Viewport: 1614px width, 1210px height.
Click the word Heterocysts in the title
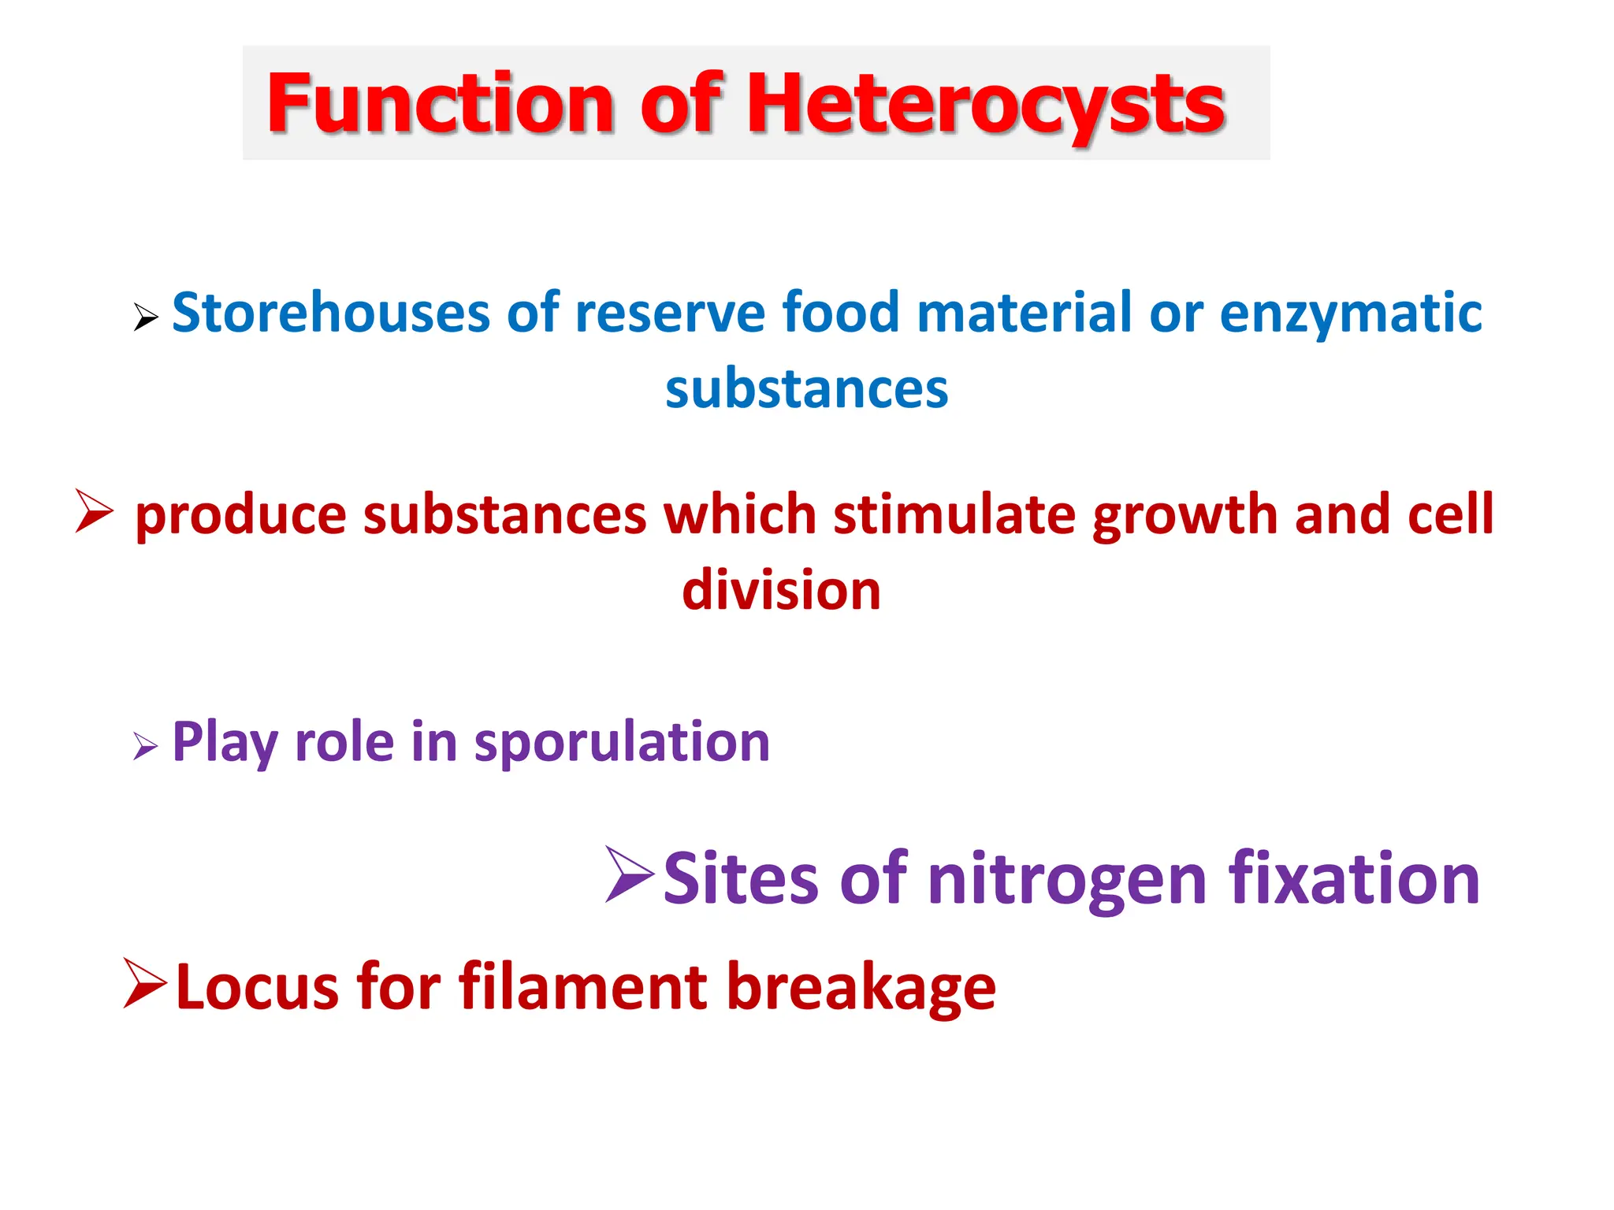pos(985,104)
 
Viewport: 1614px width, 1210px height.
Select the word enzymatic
pos(1351,313)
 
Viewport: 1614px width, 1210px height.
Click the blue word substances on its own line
pos(806,389)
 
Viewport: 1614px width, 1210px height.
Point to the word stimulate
pos(954,514)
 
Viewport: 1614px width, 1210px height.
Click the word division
pos(781,591)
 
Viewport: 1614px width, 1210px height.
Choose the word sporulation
pos(622,742)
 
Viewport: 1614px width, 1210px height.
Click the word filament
pos(583,986)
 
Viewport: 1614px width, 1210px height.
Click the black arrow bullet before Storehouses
pos(146,317)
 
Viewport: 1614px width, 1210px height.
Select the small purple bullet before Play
pos(145,745)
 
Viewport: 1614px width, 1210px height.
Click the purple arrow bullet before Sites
pos(630,874)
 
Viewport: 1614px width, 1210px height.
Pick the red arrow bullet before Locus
pos(146,983)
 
